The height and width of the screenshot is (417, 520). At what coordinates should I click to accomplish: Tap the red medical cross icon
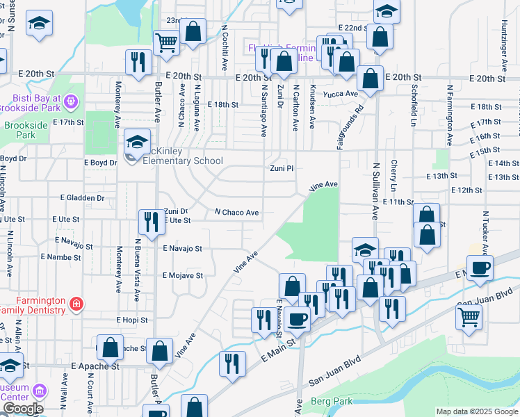pyautogui.click(x=75, y=304)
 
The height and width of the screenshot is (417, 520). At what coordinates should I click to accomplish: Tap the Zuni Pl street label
pyautogui.click(x=282, y=168)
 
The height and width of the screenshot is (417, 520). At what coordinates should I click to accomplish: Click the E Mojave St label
pyautogui.click(x=182, y=275)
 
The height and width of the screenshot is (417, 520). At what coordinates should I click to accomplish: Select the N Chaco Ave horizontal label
pyautogui.click(x=236, y=212)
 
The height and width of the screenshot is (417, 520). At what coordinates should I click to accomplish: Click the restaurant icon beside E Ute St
pyautogui.click(x=149, y=222)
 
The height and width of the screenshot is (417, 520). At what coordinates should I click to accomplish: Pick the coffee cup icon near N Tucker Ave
pyautogui.click(x=480, y=268)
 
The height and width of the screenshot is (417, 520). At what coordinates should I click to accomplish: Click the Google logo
pyautogui.click(x=23, y=409)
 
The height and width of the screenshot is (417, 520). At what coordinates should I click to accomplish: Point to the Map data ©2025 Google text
pyautogui.click(x=476, y=411)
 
